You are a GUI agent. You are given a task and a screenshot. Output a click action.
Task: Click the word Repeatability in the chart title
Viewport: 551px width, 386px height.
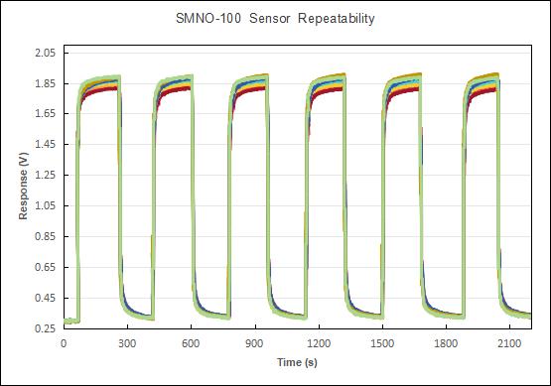(x=337, y=19)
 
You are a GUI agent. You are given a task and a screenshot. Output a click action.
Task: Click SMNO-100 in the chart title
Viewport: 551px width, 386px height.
(x=208, y=18)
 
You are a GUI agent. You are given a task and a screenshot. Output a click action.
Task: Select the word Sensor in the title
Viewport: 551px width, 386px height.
(x=269, y=18)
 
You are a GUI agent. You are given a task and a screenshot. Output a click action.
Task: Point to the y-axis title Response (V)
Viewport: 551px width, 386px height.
(x=23, y=186)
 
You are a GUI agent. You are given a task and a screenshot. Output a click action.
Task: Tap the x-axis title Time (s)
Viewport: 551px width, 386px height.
(x=297, y=362)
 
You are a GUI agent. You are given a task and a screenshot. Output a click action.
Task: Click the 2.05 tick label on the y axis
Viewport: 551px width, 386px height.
(x=46, y=53)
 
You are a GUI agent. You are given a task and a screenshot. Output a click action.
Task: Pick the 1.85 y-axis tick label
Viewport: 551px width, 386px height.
(x=46, y=83)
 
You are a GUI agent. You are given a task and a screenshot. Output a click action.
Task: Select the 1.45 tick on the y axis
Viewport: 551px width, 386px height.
(x=46, y=144)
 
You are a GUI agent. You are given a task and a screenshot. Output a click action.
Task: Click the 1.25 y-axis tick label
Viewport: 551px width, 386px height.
(x=46, y=175)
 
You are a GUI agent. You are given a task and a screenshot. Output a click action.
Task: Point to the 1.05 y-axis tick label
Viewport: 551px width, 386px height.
(x=46, y=205)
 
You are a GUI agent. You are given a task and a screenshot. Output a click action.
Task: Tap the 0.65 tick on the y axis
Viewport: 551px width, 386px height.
(x=46, y=267)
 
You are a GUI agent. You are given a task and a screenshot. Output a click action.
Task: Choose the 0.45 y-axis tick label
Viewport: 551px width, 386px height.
(x=46, y=298)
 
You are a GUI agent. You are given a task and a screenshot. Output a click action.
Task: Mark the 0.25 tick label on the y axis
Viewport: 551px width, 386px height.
(x=46, y=328)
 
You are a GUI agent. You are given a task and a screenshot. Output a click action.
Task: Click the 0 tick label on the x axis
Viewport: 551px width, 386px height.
(x=64, y=343)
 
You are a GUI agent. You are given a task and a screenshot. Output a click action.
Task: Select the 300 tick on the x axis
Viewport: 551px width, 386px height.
(x=127, y=343)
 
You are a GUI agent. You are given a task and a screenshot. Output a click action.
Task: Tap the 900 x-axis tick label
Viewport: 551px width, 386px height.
(x=254, y=343)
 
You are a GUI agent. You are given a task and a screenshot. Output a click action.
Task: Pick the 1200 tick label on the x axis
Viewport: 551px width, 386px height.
(x=319, y=343)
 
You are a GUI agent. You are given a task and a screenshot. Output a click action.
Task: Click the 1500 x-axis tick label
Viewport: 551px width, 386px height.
(x=382, y=343)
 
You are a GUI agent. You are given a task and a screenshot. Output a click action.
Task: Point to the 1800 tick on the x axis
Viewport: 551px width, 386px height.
(x=446, y=343)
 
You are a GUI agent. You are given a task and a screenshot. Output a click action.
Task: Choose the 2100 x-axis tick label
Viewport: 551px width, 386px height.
(x=509, y=343)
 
